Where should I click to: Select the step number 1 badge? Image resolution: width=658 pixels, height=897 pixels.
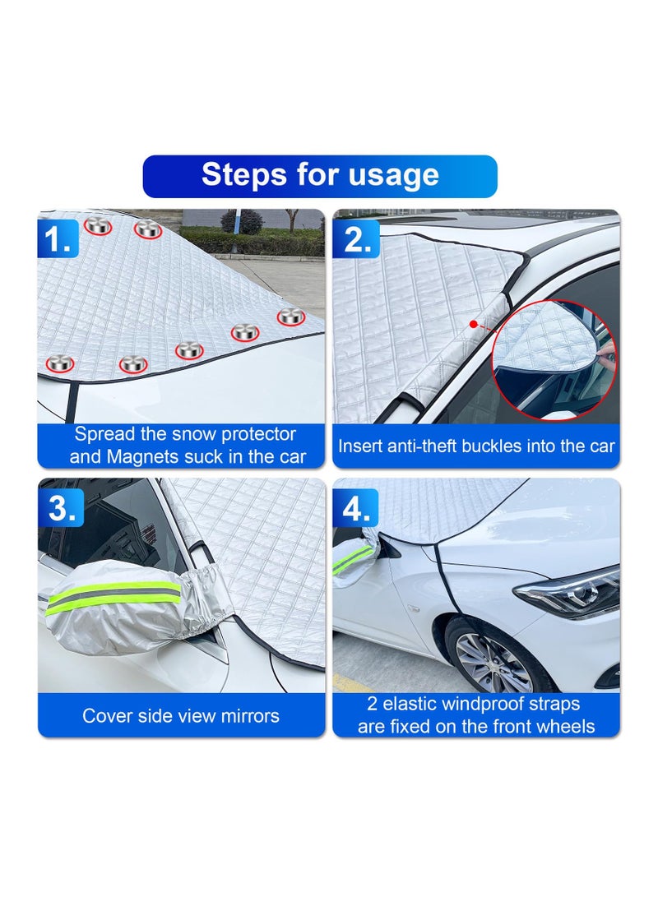(x=58, y=240)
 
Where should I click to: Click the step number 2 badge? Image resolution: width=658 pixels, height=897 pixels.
(x=357, y=240)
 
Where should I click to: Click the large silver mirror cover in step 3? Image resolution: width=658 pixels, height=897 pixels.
(x=132, y=608)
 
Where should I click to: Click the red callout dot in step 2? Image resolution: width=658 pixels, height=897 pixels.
(x=474, y=324)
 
